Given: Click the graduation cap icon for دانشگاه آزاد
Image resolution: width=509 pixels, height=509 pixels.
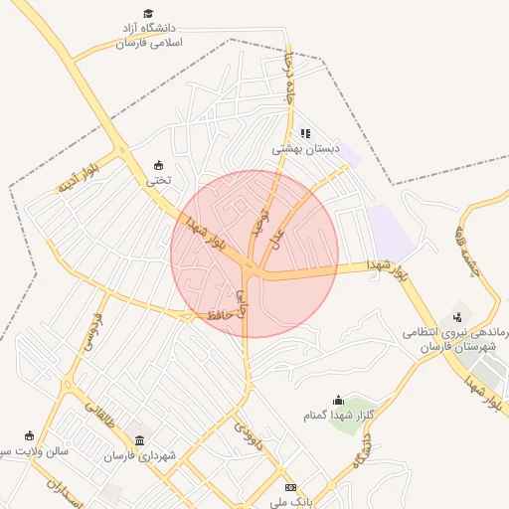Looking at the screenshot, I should click(x=148, y=14).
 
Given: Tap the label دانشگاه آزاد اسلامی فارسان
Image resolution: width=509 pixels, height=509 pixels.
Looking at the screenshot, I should click(x=148, y=37).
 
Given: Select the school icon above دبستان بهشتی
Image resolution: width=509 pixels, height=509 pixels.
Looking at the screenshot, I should click(x=305, y=132).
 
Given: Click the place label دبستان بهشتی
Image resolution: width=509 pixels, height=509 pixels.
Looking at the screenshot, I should click(x=306, y=148).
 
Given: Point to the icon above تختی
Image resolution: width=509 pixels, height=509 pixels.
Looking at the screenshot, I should click(x=159, y=165).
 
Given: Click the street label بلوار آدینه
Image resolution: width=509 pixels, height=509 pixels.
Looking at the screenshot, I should click(x=79, y=174).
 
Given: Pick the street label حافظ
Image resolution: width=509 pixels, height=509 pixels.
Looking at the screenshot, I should click(x=220, y=314).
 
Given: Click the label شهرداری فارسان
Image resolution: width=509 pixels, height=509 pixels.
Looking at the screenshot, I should click(x=140, y=455).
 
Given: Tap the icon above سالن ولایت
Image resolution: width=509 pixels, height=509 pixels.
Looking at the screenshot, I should click(x=29, y=435).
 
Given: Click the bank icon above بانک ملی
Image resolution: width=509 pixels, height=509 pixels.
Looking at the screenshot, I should click(x=290, y=487).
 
